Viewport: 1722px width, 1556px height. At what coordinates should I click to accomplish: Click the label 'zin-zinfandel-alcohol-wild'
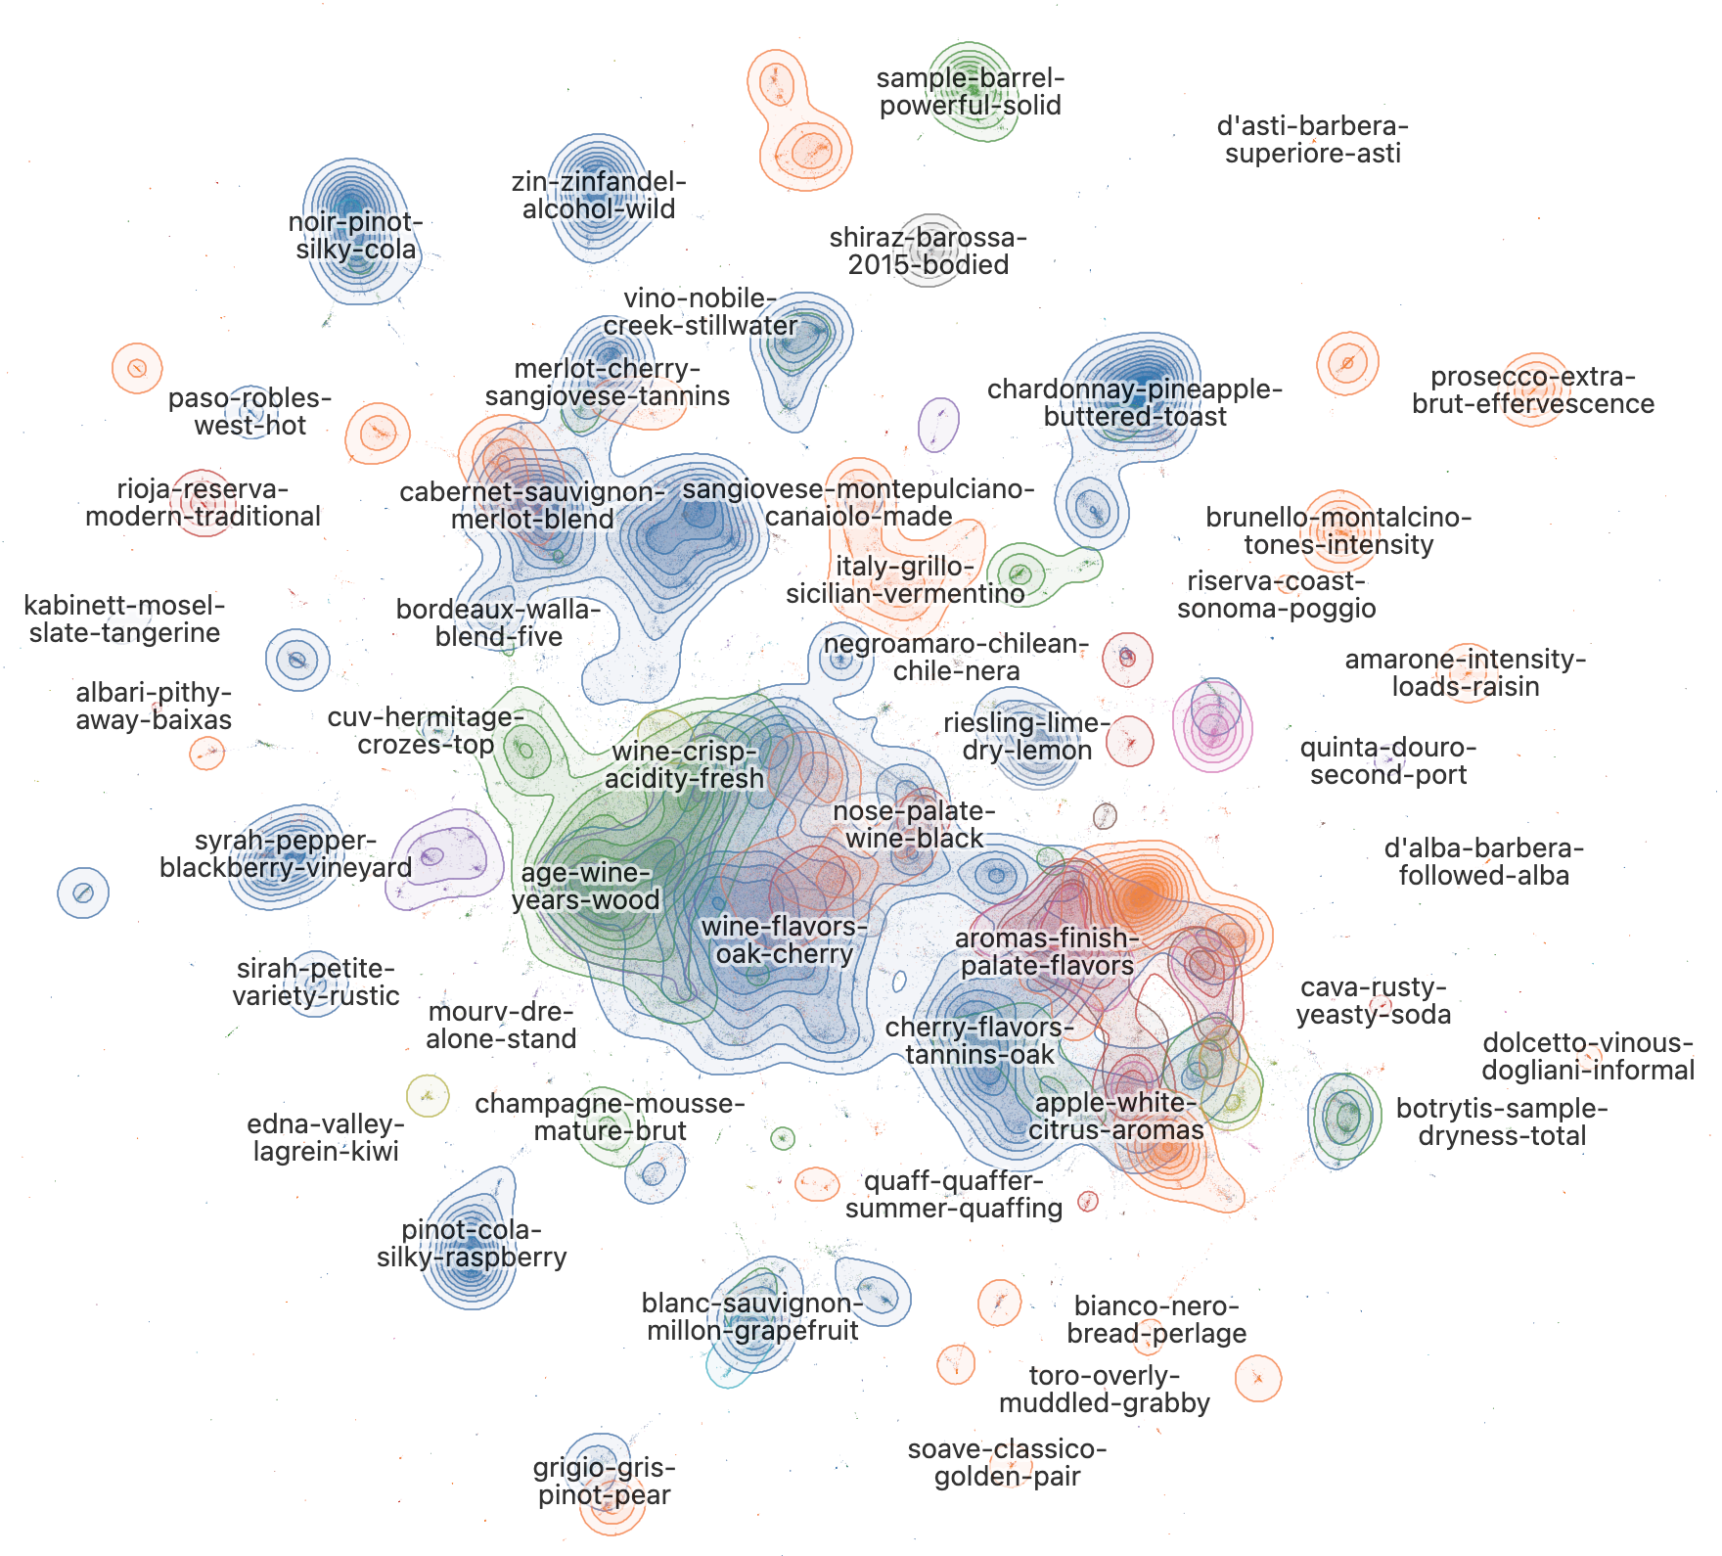(599, 196)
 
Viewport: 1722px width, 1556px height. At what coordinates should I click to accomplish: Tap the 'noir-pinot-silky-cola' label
(356, 236)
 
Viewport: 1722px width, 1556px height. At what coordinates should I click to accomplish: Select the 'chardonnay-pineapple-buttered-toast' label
(1135, 403)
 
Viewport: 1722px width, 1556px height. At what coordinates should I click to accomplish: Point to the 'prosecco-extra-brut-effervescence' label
(1533, 390)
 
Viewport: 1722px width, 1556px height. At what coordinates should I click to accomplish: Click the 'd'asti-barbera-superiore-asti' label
(1313, 140)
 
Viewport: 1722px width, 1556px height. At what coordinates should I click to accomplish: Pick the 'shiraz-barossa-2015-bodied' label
(929, 252)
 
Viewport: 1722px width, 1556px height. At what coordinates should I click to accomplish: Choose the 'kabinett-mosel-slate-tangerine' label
(124, 619)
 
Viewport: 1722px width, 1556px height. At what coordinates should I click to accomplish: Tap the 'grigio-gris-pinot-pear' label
(605, 1482)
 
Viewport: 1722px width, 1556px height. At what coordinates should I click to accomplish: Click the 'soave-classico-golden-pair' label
(1008, 1463)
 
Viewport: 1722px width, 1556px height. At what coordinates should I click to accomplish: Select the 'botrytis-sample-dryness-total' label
(1502, 1122)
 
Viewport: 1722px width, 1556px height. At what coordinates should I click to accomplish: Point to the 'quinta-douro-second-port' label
(1388, 761)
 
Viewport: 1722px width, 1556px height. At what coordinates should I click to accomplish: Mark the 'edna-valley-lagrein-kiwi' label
(326, 1137)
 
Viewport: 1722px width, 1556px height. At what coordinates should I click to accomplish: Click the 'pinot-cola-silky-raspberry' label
(472, 1244)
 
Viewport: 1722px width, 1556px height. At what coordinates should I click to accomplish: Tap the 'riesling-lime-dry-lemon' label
(1027, 737)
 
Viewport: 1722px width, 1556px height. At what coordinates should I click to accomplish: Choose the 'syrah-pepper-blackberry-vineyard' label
(286, 854)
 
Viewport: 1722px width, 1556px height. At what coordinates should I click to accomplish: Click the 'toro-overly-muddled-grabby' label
(1105, 1390)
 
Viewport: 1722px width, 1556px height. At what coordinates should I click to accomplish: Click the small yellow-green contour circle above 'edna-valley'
(427, 1095)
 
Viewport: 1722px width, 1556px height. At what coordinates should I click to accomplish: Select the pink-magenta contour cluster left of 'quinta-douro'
(1213, 726)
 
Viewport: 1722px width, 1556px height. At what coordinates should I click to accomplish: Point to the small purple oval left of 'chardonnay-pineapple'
(939, 424)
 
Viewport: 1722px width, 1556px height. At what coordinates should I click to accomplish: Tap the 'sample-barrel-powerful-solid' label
(970, 92)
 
